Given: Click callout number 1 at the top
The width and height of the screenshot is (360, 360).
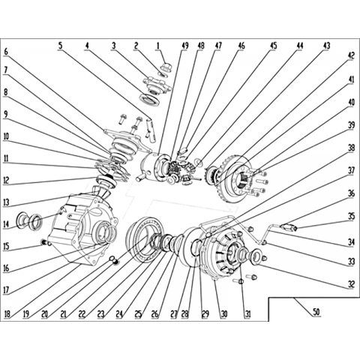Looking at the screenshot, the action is point(158,46).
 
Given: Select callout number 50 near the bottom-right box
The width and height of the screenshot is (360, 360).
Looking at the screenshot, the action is point(316,312).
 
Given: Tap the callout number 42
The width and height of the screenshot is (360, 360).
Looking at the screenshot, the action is point(351,55).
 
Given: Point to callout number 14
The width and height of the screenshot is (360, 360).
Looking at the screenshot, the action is point(7,224).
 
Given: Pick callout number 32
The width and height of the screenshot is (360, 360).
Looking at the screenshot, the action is point(351,284).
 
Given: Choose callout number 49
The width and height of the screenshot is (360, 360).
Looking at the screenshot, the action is point(185,46).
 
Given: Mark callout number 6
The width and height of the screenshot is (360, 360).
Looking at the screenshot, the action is point(6,52).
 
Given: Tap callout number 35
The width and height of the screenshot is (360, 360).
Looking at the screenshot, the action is point(351,216).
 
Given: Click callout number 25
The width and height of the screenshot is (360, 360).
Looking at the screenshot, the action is point(138,313).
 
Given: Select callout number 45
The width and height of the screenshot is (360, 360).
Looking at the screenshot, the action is point(273,46).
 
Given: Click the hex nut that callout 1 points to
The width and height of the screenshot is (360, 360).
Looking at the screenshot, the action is point(166,67).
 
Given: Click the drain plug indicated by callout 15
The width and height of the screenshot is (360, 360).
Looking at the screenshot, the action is point(44,242).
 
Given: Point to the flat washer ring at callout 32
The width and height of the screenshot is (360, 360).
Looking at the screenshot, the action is point(256,256).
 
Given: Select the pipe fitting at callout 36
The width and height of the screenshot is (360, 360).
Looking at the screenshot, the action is point(286,227).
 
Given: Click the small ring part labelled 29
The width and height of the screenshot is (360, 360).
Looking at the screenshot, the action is point(196,247).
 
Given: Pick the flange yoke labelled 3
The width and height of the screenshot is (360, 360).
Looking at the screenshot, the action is point(157,85).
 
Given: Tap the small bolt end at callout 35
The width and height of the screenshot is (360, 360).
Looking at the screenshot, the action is point(295,228).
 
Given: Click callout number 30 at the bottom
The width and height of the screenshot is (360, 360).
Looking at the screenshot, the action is point(224,313).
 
